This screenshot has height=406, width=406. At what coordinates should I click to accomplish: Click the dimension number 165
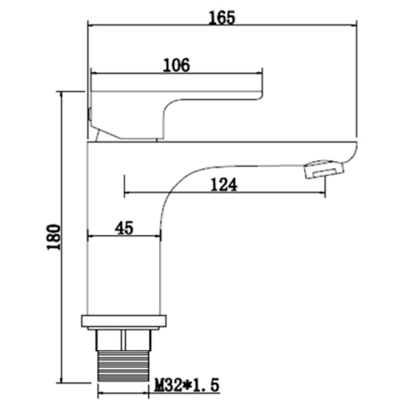[x=223, y=18]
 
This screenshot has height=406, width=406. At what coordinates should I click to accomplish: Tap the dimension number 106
[x=177, y=64]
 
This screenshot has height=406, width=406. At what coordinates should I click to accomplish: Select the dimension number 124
[x=224, y=184]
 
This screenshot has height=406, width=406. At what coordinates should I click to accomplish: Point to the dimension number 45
[x=123, y=228]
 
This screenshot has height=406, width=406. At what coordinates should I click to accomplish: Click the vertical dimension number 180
[x=54, y=237]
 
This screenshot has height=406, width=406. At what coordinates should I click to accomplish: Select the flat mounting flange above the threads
[x=123, y=321]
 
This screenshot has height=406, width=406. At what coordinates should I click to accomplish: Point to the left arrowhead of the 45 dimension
[x=92, y=236]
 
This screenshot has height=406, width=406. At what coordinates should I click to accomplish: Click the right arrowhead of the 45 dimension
[x=160, y=236]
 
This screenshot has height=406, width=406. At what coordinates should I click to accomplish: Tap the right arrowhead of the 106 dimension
[x=259, y=72]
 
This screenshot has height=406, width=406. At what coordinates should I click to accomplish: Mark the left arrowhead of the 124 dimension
[x=127, y=194]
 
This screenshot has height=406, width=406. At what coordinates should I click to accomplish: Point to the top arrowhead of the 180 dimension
[x=62, y=95]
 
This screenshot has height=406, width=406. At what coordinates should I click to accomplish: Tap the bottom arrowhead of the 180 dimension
[x=62, y=378]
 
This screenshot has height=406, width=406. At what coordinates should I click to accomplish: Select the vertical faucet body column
[x=125, y=271]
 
